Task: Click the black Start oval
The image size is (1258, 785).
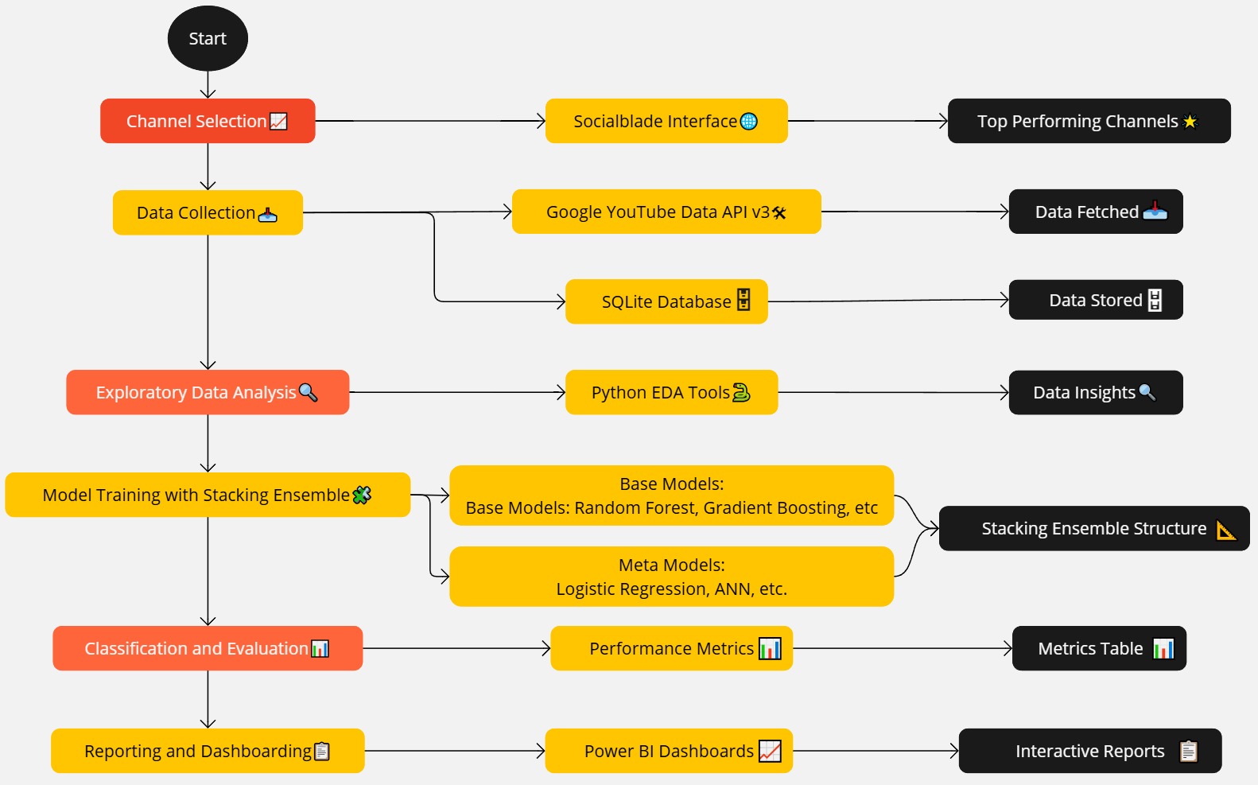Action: (208, 38)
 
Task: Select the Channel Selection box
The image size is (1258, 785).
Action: (208, 121)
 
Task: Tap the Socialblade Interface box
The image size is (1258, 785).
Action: (666, 121)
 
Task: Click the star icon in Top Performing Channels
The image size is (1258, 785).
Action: (1190, 122)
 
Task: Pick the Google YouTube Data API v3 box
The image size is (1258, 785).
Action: (666, 212)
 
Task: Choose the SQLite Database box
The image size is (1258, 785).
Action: (666, 301)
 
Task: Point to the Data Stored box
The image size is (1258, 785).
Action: (1096, 300)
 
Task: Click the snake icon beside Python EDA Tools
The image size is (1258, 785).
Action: (741, 392)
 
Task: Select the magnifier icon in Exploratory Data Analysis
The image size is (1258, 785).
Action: (308, 392)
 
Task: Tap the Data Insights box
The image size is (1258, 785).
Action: (1096, 392)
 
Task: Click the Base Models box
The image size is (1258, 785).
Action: (671, 495)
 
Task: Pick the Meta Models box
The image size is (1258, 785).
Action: (671, 577)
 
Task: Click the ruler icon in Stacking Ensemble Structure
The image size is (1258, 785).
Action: (1226, 530)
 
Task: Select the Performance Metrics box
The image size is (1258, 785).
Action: (671, 648)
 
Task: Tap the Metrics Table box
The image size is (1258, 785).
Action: (1099, 648)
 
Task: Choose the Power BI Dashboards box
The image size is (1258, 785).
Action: (669, 751)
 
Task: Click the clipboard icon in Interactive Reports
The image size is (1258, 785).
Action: (1189, 751)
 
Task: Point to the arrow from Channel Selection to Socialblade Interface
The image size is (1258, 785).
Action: (429, 121)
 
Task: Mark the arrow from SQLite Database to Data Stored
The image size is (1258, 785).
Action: (888, 301)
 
